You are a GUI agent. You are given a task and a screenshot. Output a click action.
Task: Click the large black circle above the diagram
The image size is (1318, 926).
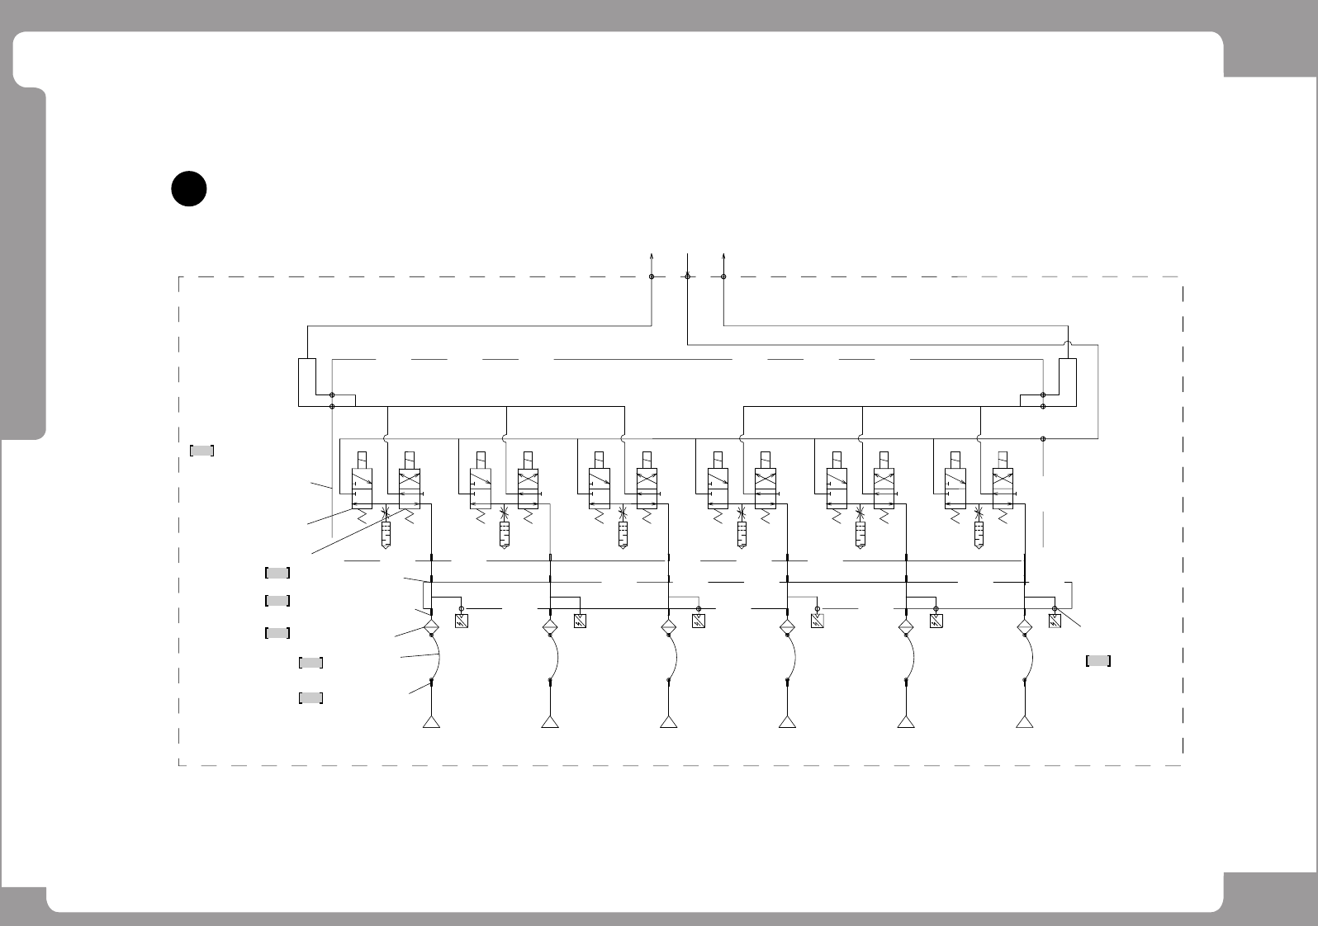point(188,188)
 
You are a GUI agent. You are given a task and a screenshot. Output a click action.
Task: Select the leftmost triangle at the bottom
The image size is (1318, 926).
point(431,723)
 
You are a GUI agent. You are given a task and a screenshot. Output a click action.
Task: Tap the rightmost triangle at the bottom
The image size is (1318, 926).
point(1025,723)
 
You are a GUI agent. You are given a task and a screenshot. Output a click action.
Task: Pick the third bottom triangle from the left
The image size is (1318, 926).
point(668,723)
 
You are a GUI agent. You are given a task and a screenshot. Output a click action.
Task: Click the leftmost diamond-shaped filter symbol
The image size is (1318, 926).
point(431,626)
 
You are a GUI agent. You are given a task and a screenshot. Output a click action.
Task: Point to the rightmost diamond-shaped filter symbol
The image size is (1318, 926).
point(1025,626)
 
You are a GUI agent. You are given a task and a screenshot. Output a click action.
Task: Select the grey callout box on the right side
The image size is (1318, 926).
point(1098,660)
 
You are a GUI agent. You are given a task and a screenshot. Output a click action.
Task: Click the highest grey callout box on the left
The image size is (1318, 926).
point(202,451)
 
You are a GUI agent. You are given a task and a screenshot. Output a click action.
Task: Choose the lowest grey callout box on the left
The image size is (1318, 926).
point(310,698)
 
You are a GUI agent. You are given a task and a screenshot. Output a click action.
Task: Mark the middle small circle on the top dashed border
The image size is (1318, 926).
point(687,276)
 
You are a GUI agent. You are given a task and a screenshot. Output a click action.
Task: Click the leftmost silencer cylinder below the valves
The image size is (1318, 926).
point(385,536)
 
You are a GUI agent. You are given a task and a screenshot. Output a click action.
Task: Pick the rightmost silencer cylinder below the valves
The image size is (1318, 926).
point(979,536)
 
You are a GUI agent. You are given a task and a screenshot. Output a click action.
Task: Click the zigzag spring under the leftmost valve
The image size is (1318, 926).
point(362,516)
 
